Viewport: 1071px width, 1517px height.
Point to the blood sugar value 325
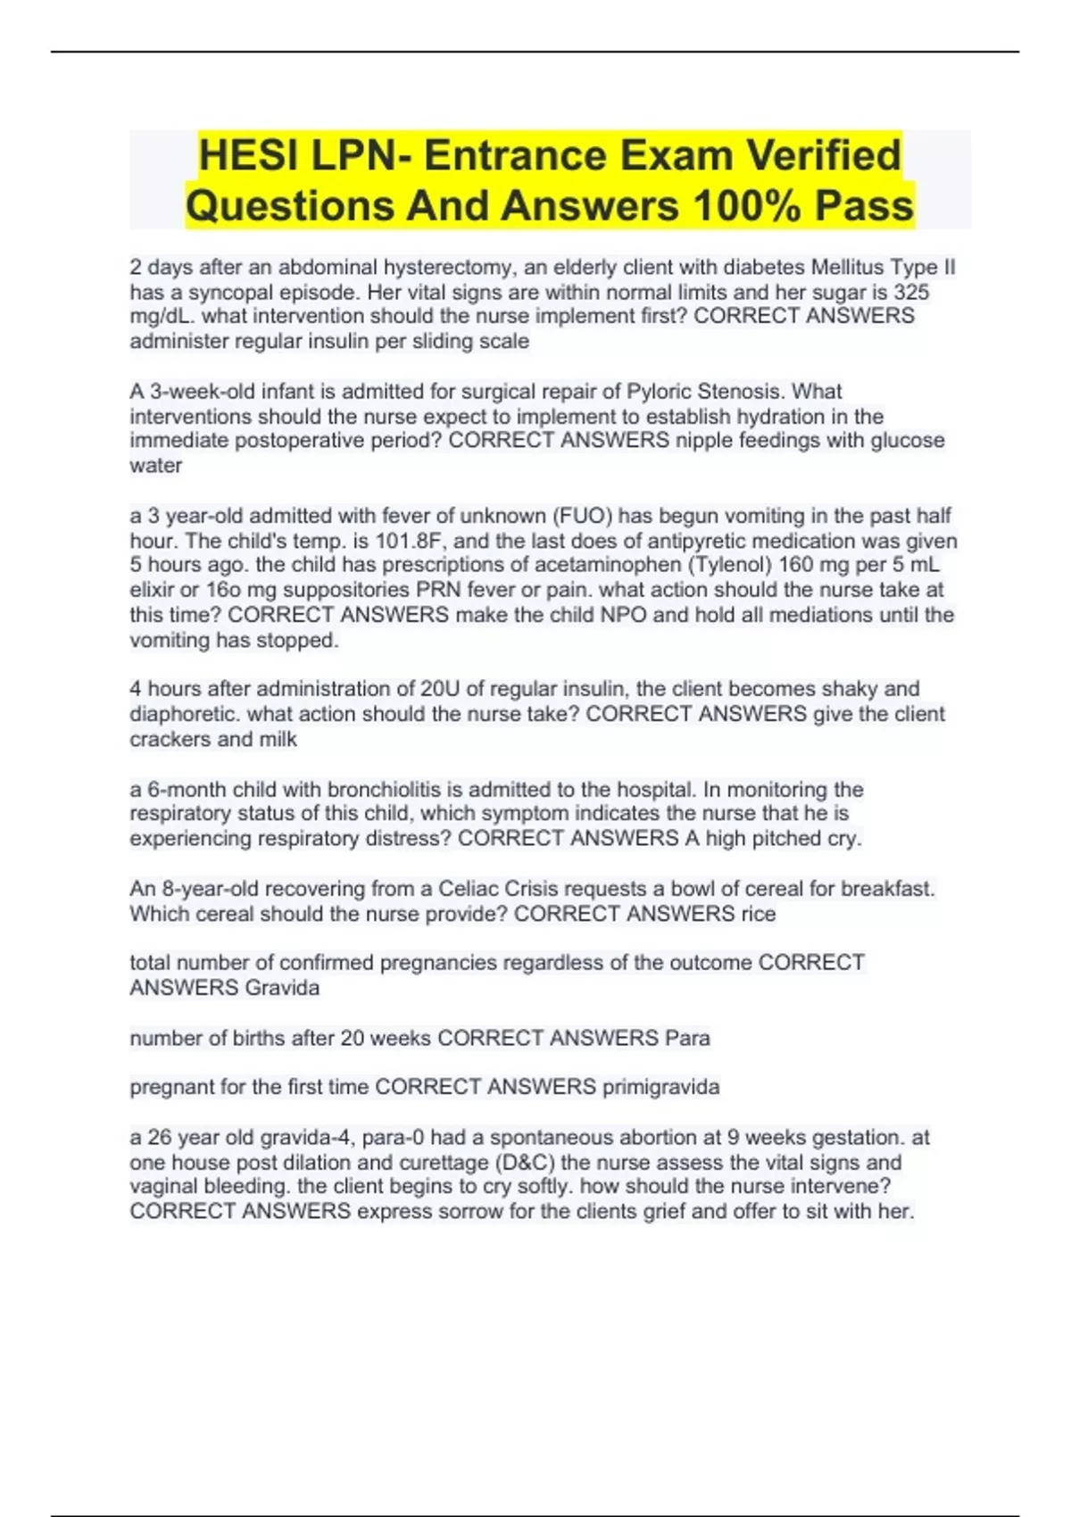(911, 292)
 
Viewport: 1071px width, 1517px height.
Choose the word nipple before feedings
(702, 440)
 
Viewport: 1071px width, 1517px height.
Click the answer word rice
(758, 914)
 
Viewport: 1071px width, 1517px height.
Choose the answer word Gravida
(282, 988)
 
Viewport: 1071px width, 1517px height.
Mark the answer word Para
(687, 1038)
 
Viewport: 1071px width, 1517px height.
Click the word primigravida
(660, 1087)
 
